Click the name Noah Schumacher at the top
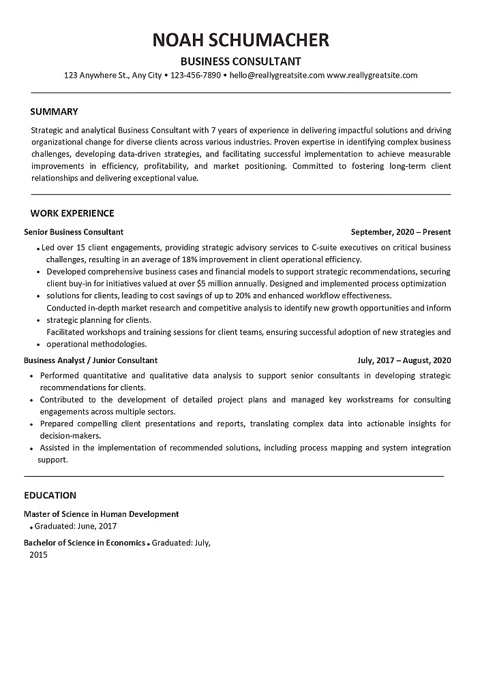(x=241, y=39)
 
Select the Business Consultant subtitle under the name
(x=241, y=61)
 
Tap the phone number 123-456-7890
(x=195, y=76)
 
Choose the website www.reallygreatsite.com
(x=372, y=76)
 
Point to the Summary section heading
(x=55, y=112)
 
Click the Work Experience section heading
(x=72, y=213)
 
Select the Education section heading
(x=50, y=495)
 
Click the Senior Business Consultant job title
(x=74, y=232)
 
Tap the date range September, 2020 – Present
(x=401, y=232)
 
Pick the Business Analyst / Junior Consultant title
(x=91, y=360)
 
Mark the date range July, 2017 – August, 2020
(x=404, y=360)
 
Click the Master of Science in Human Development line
(x=102, y=514)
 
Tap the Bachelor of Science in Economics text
(x=85, y=543)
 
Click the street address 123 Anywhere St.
(x=96, y=76)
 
